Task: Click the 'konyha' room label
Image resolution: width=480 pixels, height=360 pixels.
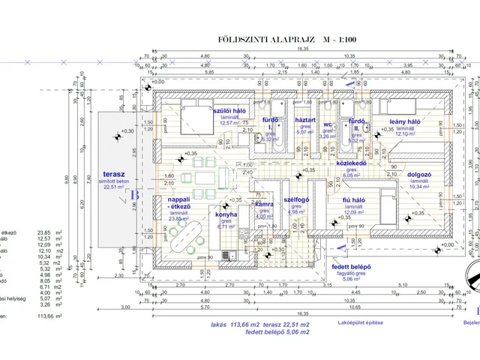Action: click(226, 214)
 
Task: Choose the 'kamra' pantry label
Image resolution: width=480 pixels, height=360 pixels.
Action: click(264, 204)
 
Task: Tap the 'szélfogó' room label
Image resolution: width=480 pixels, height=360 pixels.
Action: click(298, 201)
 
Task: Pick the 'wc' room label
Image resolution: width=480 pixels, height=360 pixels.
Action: click(327, 124)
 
